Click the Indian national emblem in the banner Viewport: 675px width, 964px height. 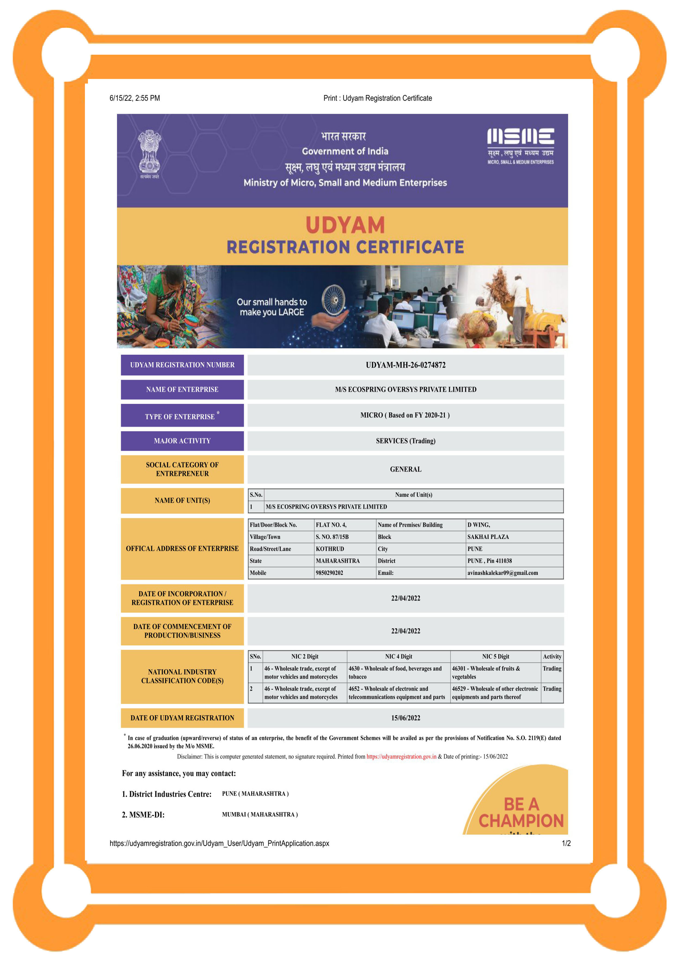coord(149,153)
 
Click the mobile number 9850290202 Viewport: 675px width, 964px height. coord(329,573)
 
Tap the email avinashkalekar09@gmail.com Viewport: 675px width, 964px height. coord(502,573)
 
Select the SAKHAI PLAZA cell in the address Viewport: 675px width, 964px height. coord(488,537)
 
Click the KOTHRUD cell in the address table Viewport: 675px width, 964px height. coord(330,549)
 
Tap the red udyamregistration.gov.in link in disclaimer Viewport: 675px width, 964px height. coord(401,757)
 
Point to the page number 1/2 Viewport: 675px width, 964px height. coord(566,843)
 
